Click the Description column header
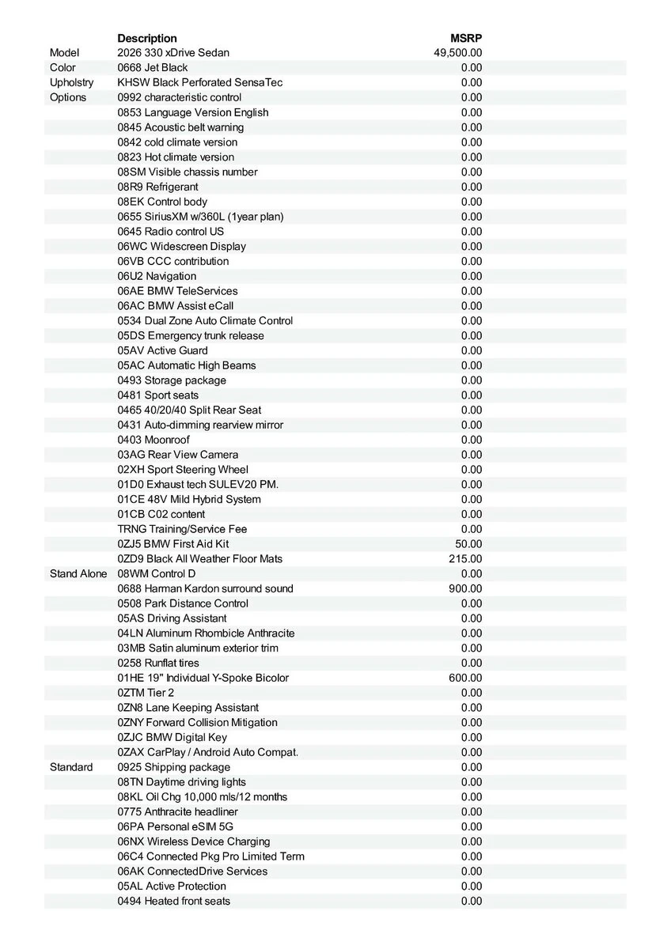(x=147, y=38)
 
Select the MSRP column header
(x=466, y=38)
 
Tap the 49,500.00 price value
(x=458, y=53)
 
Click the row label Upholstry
(x=71, y=82)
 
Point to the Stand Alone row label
(x=78, y=573)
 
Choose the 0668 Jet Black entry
(x=153, y=68)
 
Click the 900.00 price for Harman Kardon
(x=465, y=588)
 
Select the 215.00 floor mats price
(x=465, y=559)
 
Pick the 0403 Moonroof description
(x=154, y=440)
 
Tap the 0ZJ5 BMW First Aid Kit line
(x=173, y=544)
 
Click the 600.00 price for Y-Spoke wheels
(x=465, y=678)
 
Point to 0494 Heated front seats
(x=174, y=901)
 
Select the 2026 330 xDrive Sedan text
(x=173, y=53)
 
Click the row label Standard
(x=71, y=767)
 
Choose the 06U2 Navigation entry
(x=157, y=276)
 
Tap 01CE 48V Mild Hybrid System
(x=189, y=499)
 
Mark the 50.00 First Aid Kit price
(x=468, y=544)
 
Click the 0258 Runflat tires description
(x=158, y=663)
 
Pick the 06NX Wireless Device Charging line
(x=194, y=841)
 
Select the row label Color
(x=63, y=68)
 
